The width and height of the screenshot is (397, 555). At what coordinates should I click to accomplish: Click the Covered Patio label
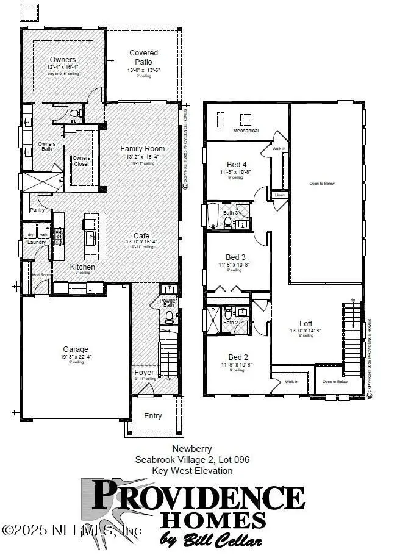tap(144, 57)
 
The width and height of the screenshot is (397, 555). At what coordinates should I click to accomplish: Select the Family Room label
tap(142, 149)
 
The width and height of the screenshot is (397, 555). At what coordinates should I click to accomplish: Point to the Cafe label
tap(142, 235)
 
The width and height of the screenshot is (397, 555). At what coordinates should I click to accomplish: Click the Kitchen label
tap(82, 267)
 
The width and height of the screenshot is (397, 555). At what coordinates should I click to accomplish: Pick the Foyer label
tap(144, 371)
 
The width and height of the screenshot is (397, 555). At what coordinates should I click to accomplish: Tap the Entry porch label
tap(153, 416)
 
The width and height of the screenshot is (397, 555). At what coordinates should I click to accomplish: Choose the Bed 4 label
tap(237, 164)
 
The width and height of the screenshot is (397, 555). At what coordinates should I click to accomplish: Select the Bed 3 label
tap(237, 257)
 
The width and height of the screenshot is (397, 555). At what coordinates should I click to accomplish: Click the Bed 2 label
tap(237, 357)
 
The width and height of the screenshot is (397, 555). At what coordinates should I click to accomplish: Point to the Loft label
tap(306, 324)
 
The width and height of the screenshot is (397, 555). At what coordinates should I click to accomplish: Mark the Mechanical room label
tap(246, 131)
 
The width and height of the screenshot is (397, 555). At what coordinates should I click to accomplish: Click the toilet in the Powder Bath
tap(169, 316)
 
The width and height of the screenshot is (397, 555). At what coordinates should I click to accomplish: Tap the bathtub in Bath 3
tap(213, 216)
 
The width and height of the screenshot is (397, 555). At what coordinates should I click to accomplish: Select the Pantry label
tap(37, 209)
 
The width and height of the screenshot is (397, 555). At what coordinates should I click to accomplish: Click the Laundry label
tap(36, 242)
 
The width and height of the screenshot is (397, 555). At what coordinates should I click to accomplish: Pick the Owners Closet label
tap(81, 160)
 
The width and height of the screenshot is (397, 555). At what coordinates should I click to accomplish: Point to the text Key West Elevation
tap(192, 471)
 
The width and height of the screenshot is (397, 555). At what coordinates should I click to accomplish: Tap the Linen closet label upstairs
tap(279, 195)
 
